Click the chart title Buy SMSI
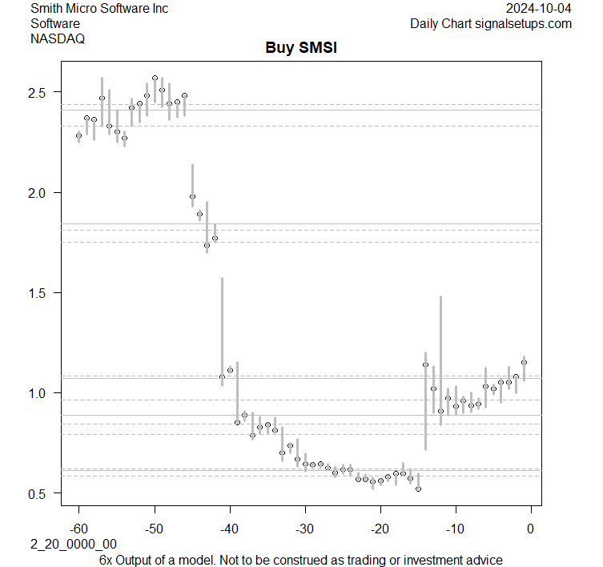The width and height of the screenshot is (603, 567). click(x=301, y=48)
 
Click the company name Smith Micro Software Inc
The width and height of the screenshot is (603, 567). click(x=99, y=9)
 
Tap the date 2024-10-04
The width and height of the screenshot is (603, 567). click(x=539, y=9)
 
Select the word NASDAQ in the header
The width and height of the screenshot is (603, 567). click(x=58, y=38)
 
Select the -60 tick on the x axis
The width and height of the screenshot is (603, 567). click(x=78, y=529)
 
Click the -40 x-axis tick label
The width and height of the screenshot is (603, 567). click(x=230, y=529)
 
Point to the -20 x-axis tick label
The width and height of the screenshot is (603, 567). click(x=380, y=529)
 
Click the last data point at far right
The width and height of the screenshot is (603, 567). click(x=524, y=362)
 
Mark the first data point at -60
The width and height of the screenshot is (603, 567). click(x=78, y=136)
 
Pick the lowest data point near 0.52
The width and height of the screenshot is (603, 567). click(x=418, y=489)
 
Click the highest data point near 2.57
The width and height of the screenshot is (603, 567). click(x=155, y=78)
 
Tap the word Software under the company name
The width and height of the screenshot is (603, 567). click(x=54, y=23)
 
